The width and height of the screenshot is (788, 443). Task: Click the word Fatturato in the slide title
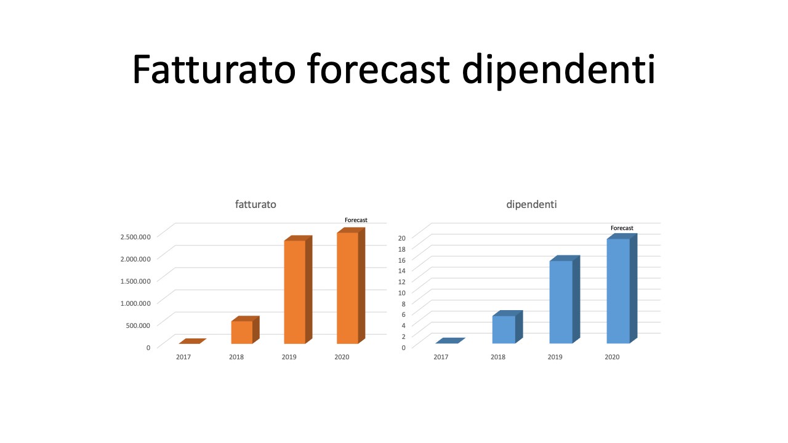coord(214,69)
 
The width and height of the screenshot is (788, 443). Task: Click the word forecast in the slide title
coord(379,69)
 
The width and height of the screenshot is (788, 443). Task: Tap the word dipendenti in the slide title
coord(558,72)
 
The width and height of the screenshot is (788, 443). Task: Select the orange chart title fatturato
coord(255,204)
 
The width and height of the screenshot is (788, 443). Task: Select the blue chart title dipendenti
coord(531,205)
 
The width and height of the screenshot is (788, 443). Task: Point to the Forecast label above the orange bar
coord(356,220)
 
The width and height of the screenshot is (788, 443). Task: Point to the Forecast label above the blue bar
coord(622,228)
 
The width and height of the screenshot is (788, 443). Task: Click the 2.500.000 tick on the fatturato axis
coord(135,237)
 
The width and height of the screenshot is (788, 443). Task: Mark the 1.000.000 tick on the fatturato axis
coord(135,303)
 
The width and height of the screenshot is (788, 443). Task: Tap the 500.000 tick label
coord(138,325)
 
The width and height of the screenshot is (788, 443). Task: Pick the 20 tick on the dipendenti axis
coord(402,238)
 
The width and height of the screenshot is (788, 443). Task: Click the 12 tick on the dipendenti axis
coord(402,282)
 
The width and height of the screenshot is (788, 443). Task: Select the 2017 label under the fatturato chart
coord(183,357)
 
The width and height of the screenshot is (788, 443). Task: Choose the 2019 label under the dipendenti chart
coord(555,357)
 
